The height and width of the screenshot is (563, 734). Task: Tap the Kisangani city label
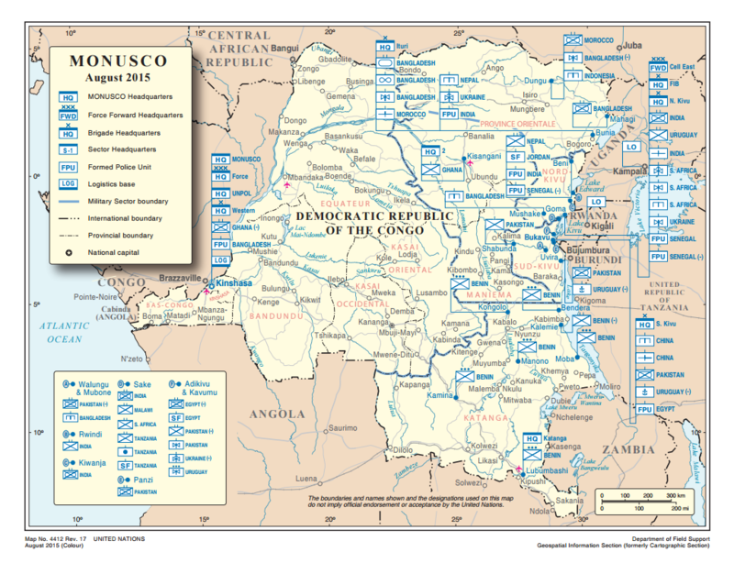coord(484,157)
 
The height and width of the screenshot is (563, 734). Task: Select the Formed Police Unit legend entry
coord(121,167)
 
